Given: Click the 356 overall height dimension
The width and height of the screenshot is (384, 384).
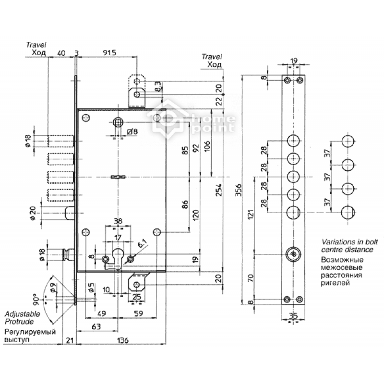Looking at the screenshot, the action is click(x=238, y=190).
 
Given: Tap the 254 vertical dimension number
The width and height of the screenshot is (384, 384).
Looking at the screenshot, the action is click(x=218, y=190).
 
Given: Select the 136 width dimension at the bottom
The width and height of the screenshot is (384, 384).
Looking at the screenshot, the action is click(x=123, y=340).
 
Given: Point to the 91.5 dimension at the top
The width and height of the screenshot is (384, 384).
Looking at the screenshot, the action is click(x=109, y=53).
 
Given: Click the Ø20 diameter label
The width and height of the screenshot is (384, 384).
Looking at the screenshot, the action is click(x=33, y=213).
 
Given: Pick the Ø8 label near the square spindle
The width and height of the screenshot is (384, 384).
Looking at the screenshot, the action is click(x=132, y=132).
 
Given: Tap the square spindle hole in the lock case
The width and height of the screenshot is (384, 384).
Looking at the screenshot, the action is click(x=118, y=122).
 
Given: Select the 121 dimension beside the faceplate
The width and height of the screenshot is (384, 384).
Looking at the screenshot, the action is click(x=251, y=214).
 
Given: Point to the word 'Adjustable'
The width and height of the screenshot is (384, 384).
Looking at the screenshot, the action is click(x=22, y=314).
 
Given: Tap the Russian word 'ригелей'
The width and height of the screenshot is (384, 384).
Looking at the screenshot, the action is click(x=335, y=283).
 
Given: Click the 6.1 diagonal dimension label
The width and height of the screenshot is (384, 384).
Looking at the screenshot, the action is click(x=142, y=244).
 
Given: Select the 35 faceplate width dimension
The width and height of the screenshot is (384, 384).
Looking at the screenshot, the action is click(x=293, y=316).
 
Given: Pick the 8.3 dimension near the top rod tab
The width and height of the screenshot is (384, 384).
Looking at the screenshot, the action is click(x=158, y=87).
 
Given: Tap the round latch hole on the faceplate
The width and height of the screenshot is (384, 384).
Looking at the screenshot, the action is click(x=293, y=254).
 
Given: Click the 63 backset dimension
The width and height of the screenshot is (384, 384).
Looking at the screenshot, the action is click(x=96, y=326).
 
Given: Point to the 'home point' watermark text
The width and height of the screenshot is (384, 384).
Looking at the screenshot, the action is click(x=213, y=124).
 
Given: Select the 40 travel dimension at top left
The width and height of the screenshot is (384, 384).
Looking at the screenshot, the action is click(x=61, y=53).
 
